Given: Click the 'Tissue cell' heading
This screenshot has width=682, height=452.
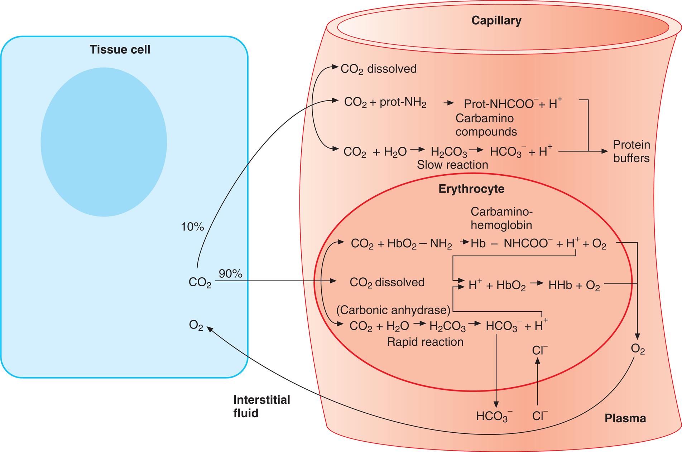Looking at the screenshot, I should click(x=120, y=49).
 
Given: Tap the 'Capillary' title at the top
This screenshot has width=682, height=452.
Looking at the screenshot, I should click(x=496, y=20).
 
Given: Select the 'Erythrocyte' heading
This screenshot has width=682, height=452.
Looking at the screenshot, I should click(x=471, y=189).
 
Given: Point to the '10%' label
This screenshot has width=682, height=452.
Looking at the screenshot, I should click(x=192, y=227).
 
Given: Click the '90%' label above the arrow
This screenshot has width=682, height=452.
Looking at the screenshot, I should click(x=230, y=274).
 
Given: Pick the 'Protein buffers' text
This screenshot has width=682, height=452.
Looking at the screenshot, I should click(x=631, y=151).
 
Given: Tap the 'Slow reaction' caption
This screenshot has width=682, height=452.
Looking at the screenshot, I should click(x=452, y=165).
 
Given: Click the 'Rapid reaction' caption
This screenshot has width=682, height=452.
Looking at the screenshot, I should click(x=425, y=342).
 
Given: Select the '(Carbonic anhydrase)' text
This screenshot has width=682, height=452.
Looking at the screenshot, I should click(x=393, y=310).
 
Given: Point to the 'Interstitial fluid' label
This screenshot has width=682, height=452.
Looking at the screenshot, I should click(x=261, y=406).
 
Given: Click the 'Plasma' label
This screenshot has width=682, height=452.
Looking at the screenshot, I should click(x=625, y=418).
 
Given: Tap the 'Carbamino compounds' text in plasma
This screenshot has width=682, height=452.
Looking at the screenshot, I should click(x=486, y=125).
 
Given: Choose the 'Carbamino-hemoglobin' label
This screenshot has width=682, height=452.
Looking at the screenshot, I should click(x=501, y=218).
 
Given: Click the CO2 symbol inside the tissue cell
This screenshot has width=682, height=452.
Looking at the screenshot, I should click(x=200, y=283).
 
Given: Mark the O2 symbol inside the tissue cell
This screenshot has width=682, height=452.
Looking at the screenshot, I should click(x=196, y=325).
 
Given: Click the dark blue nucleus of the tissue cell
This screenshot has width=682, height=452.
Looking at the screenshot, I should click(x=104, y=142).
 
